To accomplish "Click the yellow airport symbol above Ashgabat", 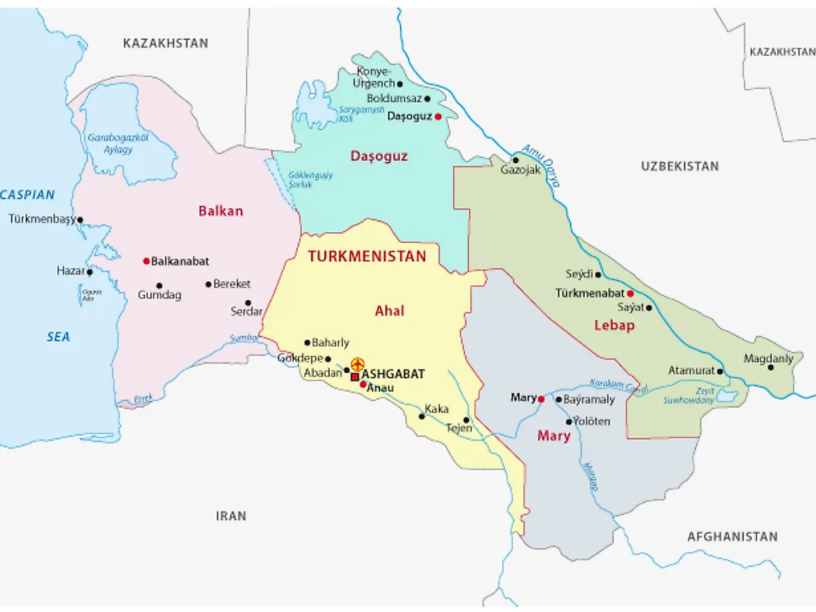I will tap(357, 364).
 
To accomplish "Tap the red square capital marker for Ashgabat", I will tap(354, 376).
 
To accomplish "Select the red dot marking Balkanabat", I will tap(146, 261).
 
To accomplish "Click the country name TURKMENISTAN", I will tap(367, 256).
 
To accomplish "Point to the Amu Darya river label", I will tap(542, 165).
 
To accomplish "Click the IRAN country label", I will tap(231, 516).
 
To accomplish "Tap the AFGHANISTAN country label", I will tap(732, 537).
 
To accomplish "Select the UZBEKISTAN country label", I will tap(679, 166).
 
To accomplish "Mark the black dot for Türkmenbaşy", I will tap(80, 220).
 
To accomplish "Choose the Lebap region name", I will tap(614, 325).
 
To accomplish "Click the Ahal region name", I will tap(390, 311).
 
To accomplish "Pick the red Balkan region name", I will tap(220, 211).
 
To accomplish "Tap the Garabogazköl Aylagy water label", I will tap(118, 143).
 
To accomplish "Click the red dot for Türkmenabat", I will tap(630, 294).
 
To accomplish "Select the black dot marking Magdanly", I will tap(770, 367).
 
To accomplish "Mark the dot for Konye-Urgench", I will tap(400, 84).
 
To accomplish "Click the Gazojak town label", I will tap(520, 170).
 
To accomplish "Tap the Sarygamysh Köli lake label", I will tap(362, 114).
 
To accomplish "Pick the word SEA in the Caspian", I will tap(58, 337).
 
